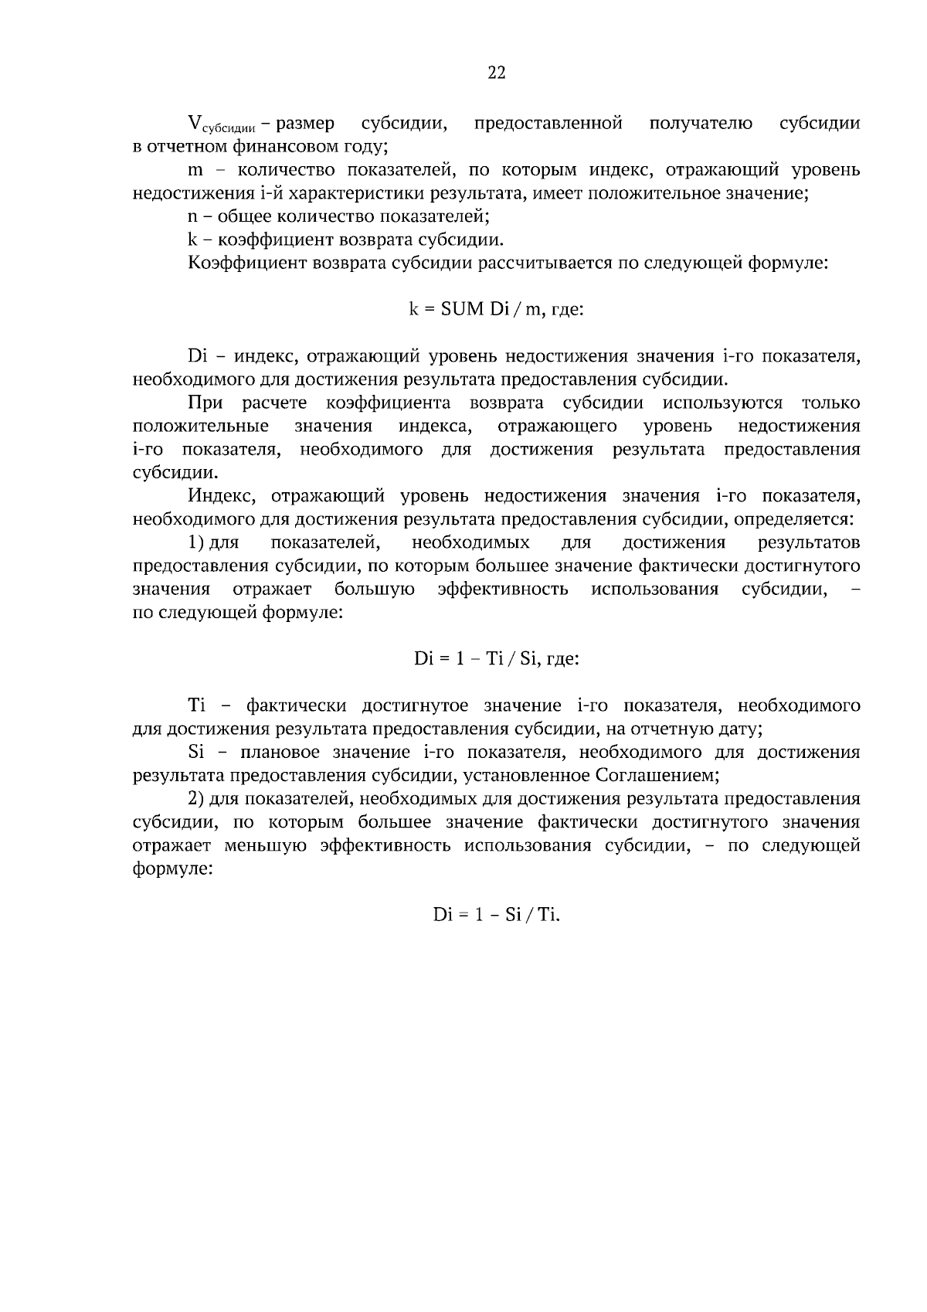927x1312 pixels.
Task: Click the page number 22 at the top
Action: pyautogui.click(x=496, y=73)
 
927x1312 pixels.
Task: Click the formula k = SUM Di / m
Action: pyautogui.click(x=495, y=310)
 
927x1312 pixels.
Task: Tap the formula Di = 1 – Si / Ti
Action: pyautogui.click(x=496, y=915)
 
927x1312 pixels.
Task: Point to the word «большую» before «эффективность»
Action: pyautogui.click(x=375, y=590)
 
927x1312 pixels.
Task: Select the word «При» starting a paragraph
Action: pyautogui.click(x=205, y=403)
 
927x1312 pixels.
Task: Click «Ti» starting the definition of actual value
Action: pyautogui.click(x=196, y=705)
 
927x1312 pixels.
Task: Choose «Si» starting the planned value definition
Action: pyautogui.click(x=195, y=753)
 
